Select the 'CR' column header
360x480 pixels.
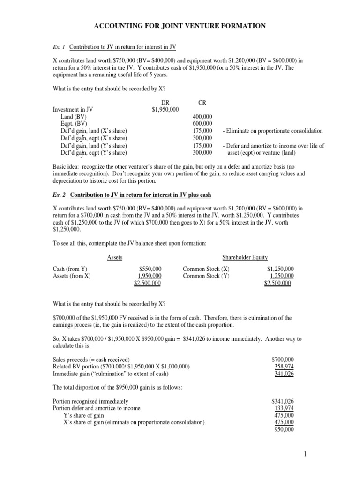click(202, 102)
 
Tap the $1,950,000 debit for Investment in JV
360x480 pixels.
click(165, 109)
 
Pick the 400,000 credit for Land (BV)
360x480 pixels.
click(202, 116)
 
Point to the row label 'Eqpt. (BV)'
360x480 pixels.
click(73, 124)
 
